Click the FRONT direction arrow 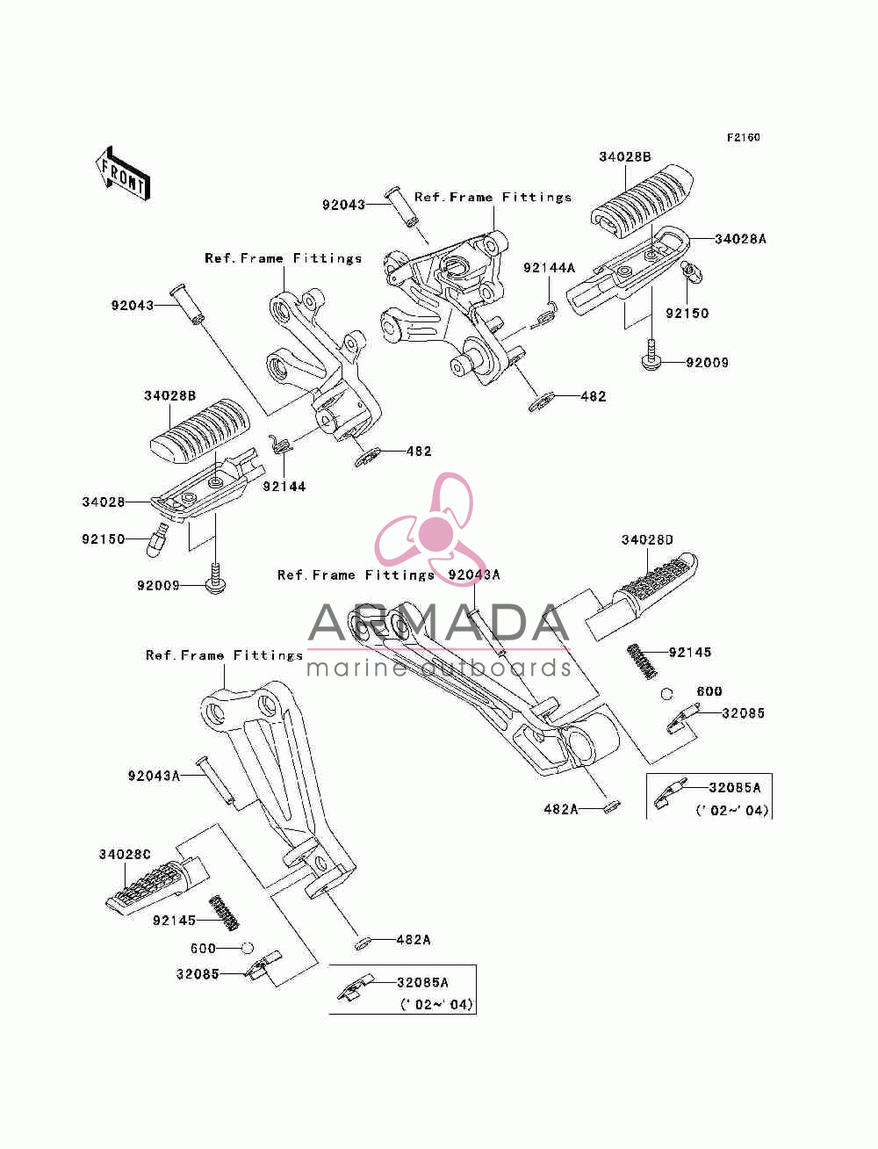[x=122, y=174]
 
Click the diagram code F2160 [x=743, y=138]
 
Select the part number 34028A [x=740, y=239]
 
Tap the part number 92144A [x=549, y=268]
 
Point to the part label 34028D [x=647, y=539]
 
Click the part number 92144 [x=284, y=487]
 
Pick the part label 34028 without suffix [x=104, y=502]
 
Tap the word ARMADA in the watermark [x=438, y=623]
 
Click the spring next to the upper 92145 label [x=642, y=661]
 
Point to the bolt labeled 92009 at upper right [x=651, y=356]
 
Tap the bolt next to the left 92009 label [x=216, y=578]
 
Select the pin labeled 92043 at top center [x=402, y=207]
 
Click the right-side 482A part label [x=561, y=809]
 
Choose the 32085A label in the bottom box [x=422, y=983]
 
